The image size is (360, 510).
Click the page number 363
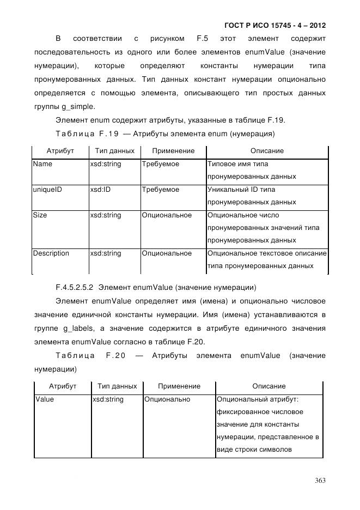coord(320,480)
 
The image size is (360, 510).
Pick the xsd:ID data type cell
coord(100,189)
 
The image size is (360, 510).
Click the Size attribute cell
coord(40,215)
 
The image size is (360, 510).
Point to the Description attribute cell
coord(51,253)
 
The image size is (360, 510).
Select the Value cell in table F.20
coord(45,399)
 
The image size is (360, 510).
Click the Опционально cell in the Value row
coord(167,399)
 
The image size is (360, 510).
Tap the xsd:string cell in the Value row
coord(108,399)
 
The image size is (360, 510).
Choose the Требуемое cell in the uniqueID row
coord(160,189)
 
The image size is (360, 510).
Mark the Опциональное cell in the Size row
coord(167,215)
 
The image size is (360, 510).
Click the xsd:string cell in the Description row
coord(105,253)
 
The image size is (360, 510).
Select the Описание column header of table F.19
coord(267,150)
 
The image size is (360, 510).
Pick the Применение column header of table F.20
coord(179,386)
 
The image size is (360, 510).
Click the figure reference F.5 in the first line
coord(199,39)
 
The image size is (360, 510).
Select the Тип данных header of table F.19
coord(113,150)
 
